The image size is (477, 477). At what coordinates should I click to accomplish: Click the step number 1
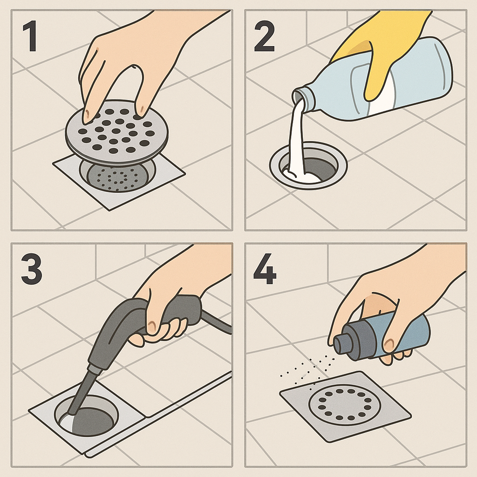30,36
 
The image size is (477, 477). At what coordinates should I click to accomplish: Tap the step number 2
265,36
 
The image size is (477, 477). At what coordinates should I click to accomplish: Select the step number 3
31,269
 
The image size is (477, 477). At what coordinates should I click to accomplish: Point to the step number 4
265,269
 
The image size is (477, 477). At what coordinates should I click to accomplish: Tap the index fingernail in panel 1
87,115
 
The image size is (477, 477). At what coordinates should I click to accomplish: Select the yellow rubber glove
379,52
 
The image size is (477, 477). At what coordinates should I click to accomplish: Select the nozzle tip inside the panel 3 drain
72,412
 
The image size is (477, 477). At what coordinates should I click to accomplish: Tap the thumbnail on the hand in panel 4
388,345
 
